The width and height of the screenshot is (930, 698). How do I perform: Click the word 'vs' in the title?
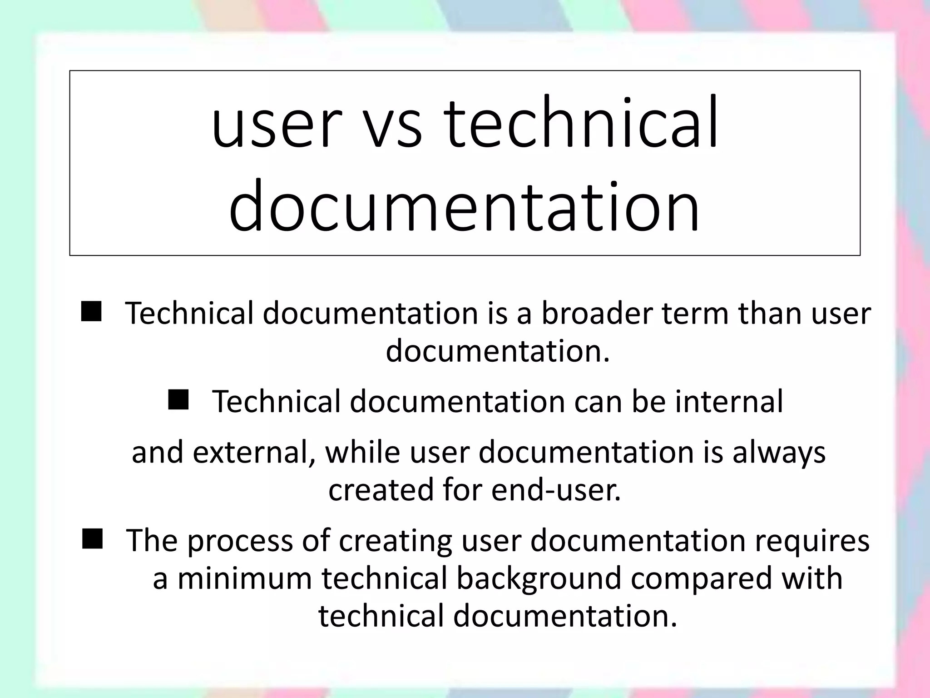pyautogui.click(x=393, y=125)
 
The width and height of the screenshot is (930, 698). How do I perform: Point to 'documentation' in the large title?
pyautogui.click(x=464, y=207)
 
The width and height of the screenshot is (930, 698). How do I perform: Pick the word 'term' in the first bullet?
pyautogui.click(x=695, y=314)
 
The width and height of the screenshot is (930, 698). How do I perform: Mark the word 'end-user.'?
pyautogui.click(x=556, y=490)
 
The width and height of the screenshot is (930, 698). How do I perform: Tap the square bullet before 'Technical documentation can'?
pyautogui.click(x=178, y=400)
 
